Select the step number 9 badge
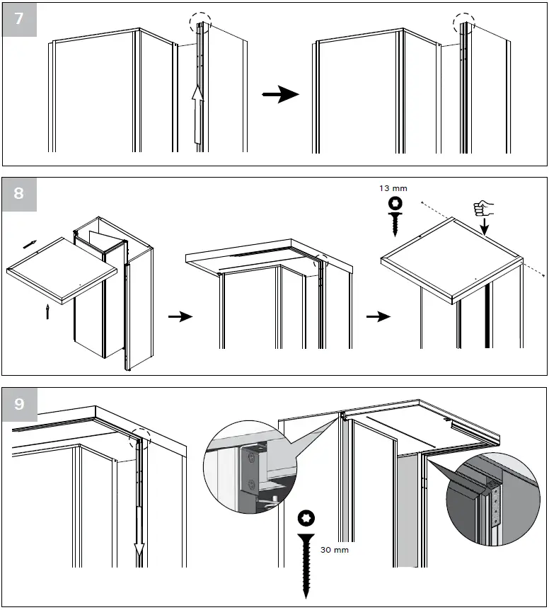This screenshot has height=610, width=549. [x=19, y=404]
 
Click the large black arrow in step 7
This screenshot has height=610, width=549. [x=280, y=95]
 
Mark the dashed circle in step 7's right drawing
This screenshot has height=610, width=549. [x=465, y=24]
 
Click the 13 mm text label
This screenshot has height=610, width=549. [x=393, y=189]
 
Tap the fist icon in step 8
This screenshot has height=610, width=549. [x=482, y=208]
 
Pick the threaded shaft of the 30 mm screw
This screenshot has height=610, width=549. [x=307, y=566]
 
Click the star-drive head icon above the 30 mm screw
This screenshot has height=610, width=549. [x=307, y=518]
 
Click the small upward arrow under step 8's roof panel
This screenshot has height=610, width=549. [x=47, y=311]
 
